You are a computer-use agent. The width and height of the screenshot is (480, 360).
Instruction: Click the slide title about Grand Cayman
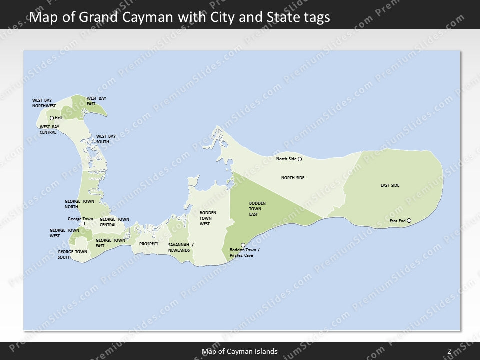point(180,18)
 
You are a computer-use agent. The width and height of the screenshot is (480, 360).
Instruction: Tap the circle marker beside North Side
point(300,159)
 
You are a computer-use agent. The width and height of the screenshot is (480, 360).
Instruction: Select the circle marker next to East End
point(409,221)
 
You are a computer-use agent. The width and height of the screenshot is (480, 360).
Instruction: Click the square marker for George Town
point(83,224)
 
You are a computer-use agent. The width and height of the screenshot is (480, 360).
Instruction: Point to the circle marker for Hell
point(52,118)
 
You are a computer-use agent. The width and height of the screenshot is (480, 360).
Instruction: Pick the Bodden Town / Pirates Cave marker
point(243,245)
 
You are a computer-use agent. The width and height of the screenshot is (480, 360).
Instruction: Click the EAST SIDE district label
point(390,186)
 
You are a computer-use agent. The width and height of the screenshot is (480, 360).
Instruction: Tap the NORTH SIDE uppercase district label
point(293,178)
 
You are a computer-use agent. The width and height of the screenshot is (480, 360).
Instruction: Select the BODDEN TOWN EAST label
point(257,209)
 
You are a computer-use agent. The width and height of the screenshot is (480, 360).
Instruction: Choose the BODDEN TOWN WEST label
point(208,218)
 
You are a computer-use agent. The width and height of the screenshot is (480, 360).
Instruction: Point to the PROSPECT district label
point(149,244)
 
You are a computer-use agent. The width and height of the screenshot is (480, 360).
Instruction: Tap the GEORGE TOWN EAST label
point(110,243)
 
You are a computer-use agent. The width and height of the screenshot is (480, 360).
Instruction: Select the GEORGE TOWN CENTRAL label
point(114,222)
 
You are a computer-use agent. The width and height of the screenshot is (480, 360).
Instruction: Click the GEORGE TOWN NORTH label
point(79,204)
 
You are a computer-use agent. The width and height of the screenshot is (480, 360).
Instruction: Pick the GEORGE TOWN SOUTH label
point(72,254)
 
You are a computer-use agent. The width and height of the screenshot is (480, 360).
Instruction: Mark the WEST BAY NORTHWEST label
point(44,103)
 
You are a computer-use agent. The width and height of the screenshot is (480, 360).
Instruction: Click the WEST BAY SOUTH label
point(106,139)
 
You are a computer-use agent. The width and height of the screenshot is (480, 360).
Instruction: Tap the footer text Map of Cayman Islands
point(240,351)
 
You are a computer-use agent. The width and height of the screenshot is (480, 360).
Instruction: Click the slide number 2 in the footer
point(449,351)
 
